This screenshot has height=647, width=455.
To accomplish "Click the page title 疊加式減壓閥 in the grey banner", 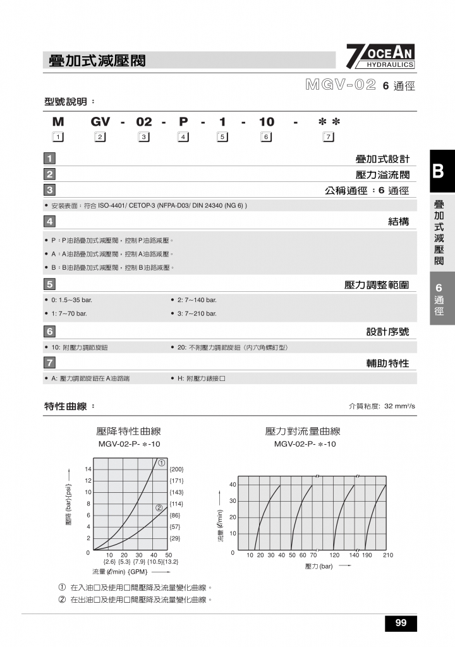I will point(97,61).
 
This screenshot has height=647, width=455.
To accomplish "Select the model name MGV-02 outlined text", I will point(341,85).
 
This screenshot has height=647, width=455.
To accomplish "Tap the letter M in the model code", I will point(58,122).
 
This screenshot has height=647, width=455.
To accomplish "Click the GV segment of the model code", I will point(100,122).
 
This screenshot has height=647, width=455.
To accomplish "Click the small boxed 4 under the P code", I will point(183,137).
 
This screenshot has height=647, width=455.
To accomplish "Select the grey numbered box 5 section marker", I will point(49,285).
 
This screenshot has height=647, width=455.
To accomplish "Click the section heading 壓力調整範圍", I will point(377,285).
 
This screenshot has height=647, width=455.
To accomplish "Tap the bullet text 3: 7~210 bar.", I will point(197,313).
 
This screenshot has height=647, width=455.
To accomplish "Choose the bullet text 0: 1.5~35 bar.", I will point(71,299).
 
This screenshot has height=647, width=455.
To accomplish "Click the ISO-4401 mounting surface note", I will point(149,205).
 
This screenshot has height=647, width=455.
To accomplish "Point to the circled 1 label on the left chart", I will point(162,463).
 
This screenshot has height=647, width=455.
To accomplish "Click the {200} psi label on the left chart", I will point(176,469).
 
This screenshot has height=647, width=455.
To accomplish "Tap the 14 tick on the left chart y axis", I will point(88,469).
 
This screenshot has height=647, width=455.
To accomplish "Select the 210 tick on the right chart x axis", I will point(387,555).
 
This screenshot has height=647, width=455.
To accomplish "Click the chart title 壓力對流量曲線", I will point(303,432).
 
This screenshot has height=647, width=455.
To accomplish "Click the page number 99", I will point(401,623).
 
